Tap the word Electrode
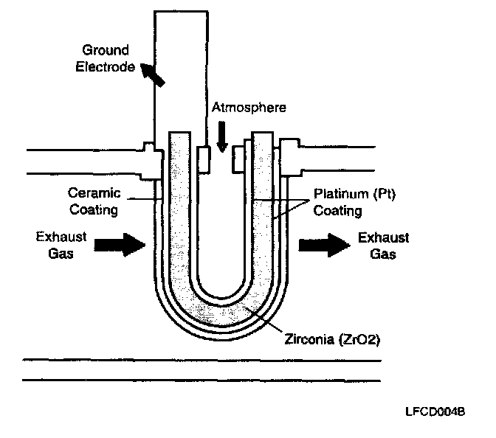[108, 66]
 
